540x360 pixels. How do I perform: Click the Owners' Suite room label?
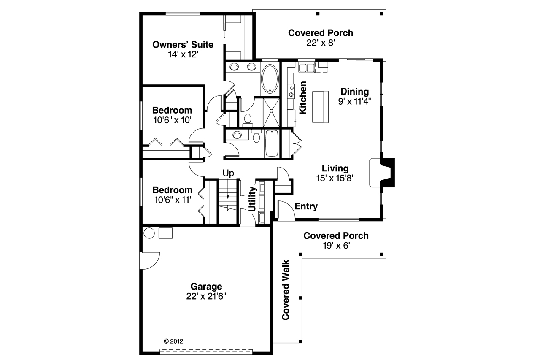point(183,45)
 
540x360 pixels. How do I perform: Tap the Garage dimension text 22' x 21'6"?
point(206,296)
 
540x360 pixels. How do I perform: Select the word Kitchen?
point(303,97)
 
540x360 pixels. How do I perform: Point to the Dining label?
point(355,92)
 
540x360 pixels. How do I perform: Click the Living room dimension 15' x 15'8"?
point(335,178)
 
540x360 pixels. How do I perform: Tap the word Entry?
point(306,206)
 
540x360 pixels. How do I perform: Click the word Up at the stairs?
point(228,173)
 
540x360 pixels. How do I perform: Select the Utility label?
point(252,199)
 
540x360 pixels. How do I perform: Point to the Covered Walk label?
point(286,290)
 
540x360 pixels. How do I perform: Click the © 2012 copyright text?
point(173,341)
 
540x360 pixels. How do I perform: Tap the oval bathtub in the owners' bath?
point(270,78)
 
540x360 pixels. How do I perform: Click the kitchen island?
point(320,107)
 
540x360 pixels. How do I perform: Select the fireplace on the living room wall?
point(382,173)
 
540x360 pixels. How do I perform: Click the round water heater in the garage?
point(149,233)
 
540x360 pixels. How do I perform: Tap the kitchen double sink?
point(307,68)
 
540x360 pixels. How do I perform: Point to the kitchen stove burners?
point(291,91)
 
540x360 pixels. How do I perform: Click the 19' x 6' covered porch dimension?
point(336,246)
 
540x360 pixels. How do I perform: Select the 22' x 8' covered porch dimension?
point(321,43)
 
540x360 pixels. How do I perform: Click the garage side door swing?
point(150,261)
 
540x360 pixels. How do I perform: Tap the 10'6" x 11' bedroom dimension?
point(173,200)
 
